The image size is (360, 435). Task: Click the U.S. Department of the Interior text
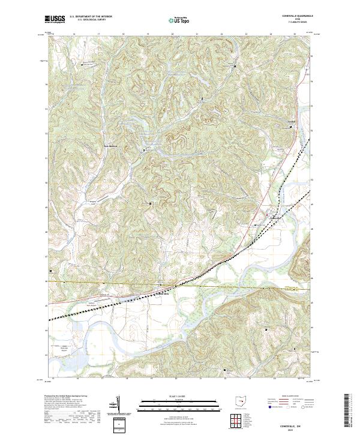[x=91, y=17]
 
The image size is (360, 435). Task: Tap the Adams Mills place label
[x=163, y=293]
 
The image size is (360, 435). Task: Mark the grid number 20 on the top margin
[x=173, y=35]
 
